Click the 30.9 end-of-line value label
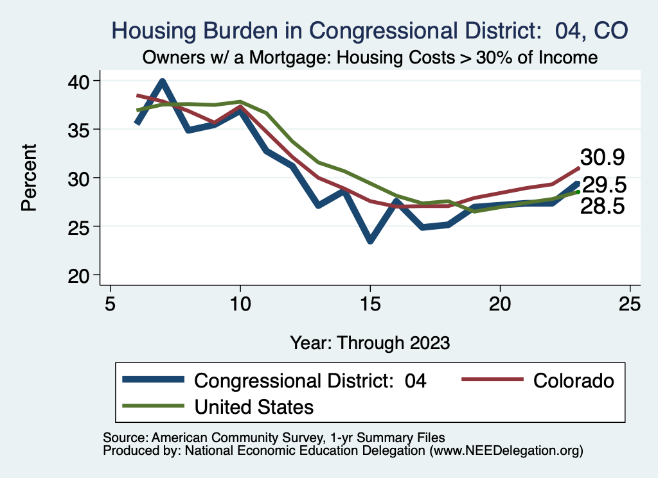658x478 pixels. click(603, 157)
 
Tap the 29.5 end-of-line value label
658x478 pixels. click(604, 185)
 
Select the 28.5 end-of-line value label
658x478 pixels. click(603, 206)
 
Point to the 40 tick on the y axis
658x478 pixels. click(83, 81)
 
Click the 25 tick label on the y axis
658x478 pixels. click(83, 226)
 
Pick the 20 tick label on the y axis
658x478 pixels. click(83, 275)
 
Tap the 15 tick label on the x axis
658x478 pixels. click(370, 303)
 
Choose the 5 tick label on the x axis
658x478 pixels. click(111, 303)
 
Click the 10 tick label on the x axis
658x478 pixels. click(240, 303)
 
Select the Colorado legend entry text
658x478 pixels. click(573, 380)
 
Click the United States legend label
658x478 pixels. click(254, 406)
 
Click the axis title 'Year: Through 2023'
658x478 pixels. click(369, 342)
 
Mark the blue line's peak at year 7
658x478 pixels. click(163, 81)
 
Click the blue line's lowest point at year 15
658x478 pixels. click(370, 241)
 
